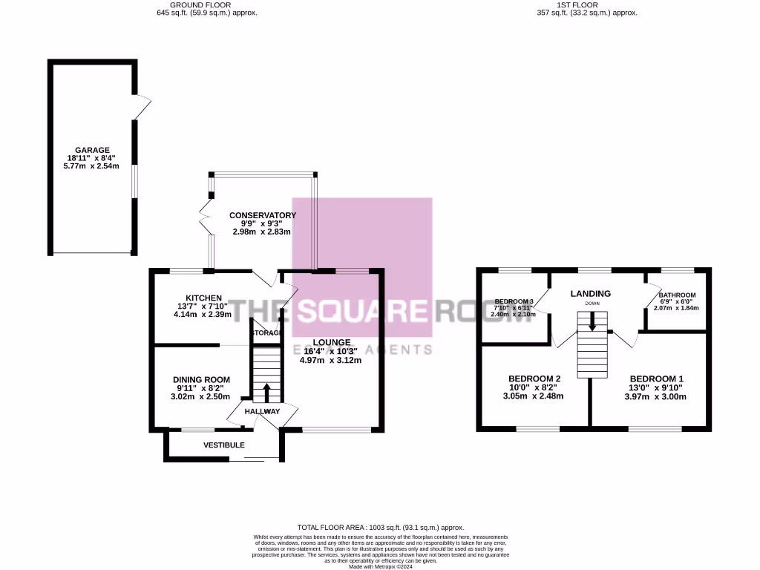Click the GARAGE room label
pos(91,149)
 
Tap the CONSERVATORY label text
pos(262,215)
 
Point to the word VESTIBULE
pos(224,445)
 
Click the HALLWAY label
pos(263,412)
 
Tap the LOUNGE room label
pos(330,342)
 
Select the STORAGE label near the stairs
pos(266,333)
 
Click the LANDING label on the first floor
pos(590,294)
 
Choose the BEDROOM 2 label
pos(533,378)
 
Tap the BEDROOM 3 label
pos(514,301)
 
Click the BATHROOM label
pos(676,295)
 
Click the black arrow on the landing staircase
pos(592,321)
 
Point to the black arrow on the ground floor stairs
pos(266,391)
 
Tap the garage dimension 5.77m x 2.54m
pos(91,167)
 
